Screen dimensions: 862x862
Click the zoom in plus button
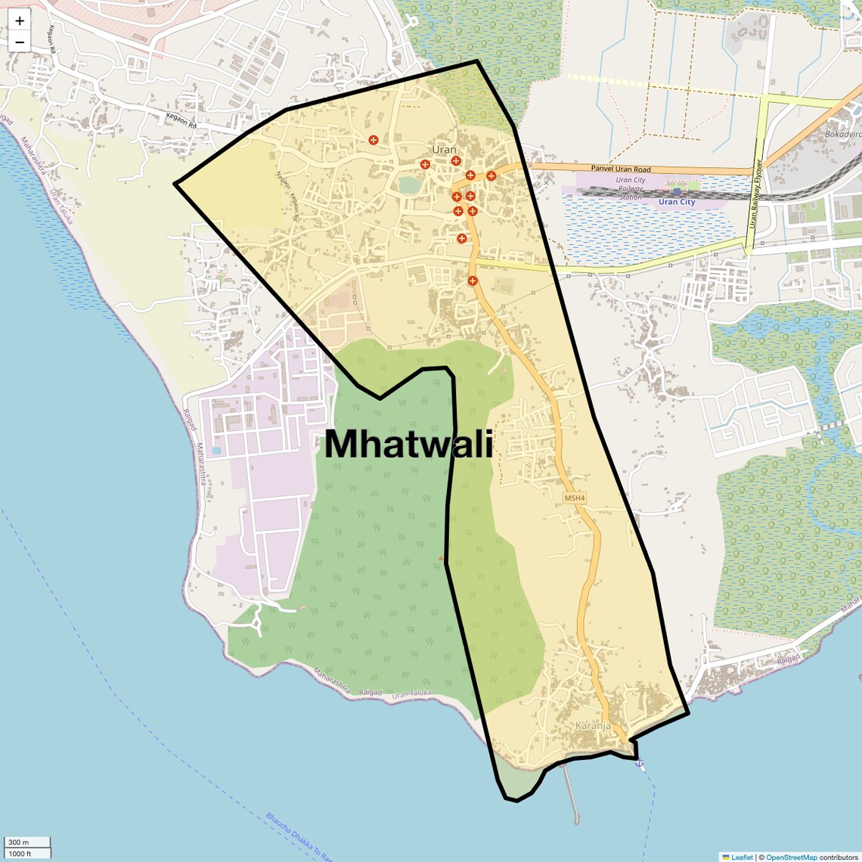point(20,21)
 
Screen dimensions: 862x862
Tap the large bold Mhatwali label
point(409,444)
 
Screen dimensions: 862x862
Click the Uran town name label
point(445,150)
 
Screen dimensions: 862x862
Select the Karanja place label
point(593,726)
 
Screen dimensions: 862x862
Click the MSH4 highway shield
point(575,498)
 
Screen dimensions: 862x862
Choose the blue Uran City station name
point(677,202)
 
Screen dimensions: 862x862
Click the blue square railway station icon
point(677,192)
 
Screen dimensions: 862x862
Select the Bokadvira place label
point(842,134)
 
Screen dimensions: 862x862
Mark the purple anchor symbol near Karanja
point(639,763)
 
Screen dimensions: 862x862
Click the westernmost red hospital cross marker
point(374,140)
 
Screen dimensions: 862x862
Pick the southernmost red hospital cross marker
point(473,281)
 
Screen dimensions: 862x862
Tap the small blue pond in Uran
point(409,184)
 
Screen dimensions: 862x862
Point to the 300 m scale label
point(19,842)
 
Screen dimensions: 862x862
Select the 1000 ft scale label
point(20,854)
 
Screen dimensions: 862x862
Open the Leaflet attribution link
point(742,857)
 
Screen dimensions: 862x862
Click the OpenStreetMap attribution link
point(792,857)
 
